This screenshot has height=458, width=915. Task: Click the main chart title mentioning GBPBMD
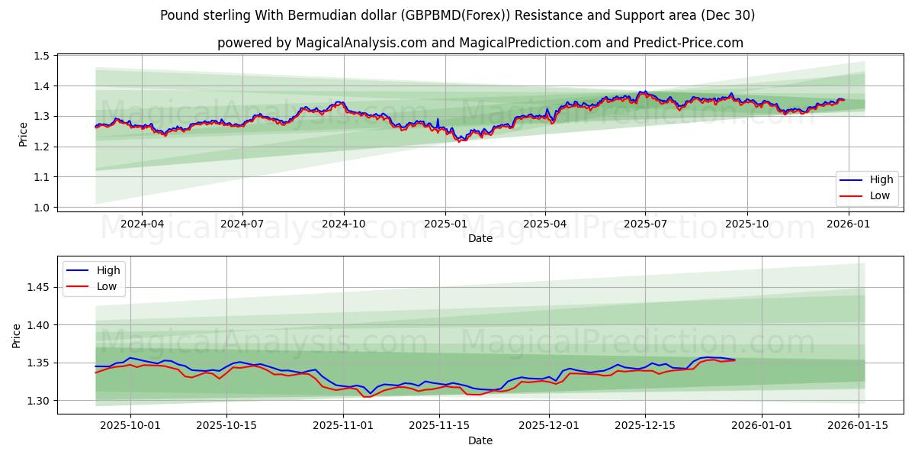tap(457, 15)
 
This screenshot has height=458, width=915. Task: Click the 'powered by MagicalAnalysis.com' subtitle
tap(480, 43)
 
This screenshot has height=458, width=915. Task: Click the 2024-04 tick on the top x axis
tap(142, 224)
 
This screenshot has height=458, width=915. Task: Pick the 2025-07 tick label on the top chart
tap(646, 224)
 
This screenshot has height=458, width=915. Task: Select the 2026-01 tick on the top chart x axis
tap(848, 224)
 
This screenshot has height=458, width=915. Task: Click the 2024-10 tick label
tap(343, 224)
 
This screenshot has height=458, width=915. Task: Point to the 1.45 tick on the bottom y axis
tap(37, 287)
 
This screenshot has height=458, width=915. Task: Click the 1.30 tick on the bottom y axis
tap(37, 401)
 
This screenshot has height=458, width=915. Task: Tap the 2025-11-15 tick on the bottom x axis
tap(438, 426)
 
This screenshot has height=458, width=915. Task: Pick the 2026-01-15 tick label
tap(859, 426)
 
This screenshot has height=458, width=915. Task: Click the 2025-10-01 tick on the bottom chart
tap(130, 426)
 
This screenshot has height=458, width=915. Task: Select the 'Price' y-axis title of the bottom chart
tap(17, 335)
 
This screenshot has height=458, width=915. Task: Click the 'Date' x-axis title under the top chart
tap(480, 238)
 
